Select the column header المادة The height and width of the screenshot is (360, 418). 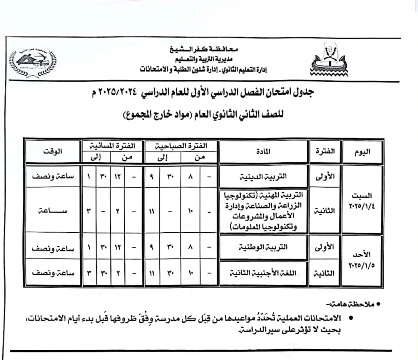263,152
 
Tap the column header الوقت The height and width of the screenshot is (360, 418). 53,152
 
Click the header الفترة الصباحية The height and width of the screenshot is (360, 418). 180,146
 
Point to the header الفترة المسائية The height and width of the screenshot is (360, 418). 112,146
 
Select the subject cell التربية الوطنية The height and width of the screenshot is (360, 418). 263,247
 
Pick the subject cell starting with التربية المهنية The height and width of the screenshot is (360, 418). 263,211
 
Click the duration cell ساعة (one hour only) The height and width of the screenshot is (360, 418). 53,210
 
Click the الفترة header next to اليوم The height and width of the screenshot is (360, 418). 325,152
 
